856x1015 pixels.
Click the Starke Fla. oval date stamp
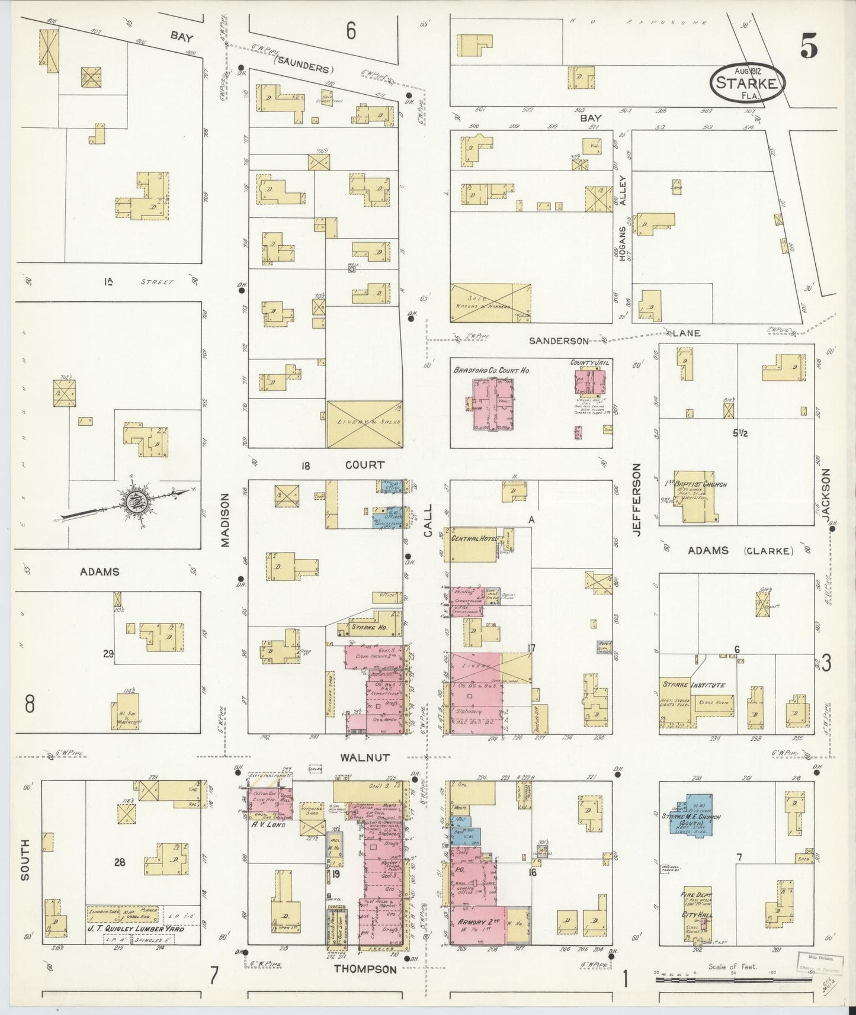click(x=748, y=82)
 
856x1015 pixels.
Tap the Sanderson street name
click(x=559, y=341)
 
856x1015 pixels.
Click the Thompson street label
click(x=365, y=969)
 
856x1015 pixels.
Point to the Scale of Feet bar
click(x=733, y=980)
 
